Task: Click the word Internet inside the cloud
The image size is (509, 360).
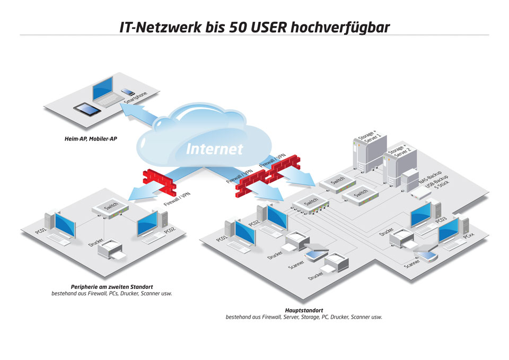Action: (x=214, y=149)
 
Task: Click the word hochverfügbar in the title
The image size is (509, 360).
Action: (x=339, y=27)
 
